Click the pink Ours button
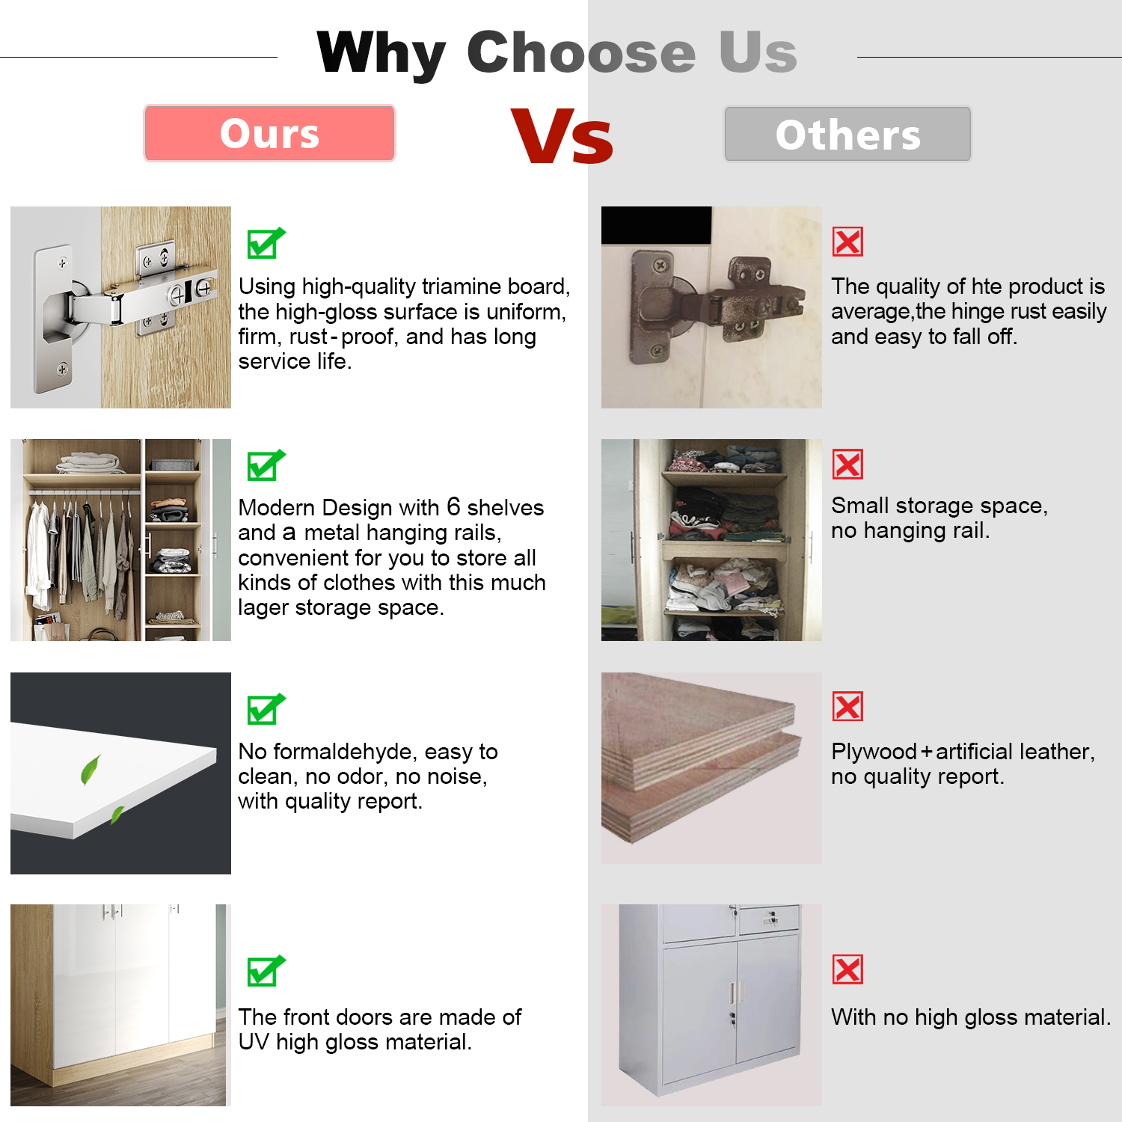click(x=269, y=133)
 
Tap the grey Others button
click(x=847, y=134)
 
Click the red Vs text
click(x=562, y=136)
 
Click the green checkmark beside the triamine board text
click(x=266, y=243)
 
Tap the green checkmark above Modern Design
click(x=266, y=465)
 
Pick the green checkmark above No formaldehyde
click(x=266, y=709)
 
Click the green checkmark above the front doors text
click(x=266, y=971)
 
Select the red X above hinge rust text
click(x=847, y=242)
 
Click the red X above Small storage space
click(x=847, y=465)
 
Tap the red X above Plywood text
click(x=847, y=706)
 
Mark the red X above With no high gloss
click(x=847, y=969)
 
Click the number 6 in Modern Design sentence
click(x=453, y=506)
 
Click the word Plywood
click(x=874, y=752)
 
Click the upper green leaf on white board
click(x=91, y=770)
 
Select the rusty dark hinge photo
click(x=711, y=307)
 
